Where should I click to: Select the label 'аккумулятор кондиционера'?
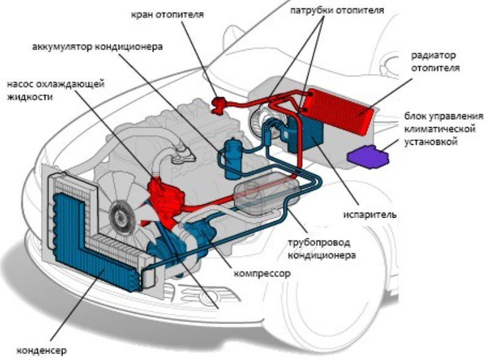tap(97, 47)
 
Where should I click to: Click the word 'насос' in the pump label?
tap(22, 84)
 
